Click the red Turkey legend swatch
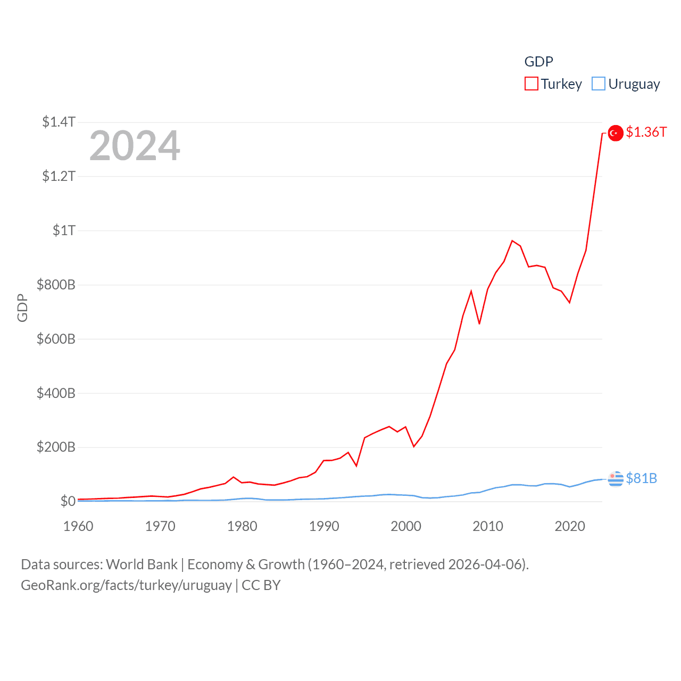click(x=531, y=84)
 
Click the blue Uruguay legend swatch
click(x=599, y=84)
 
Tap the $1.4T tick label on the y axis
click(x=59, y=122)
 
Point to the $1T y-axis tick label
click(x=64, y=230)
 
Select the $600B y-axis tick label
click(x=56, y=339)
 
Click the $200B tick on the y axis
click(x=56, y=447)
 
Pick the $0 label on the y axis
click(x=68, y=501)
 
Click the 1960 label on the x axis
click(x=78, y=526)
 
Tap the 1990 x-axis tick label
click(x=324, y=526)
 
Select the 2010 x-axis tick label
click(x=488, y=526)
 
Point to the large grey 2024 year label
click(x=135, y=146)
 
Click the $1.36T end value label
click(x=646, y=132)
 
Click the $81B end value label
click(x=641, y=478)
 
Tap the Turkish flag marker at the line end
click(x=616, y=133)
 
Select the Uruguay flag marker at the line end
click(x=616, y=479)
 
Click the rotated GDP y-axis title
click(x=22, y=308)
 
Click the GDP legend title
click(x=538, y=62)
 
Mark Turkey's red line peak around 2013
click(x=512, y=241)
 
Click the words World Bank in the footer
click(x=142, y=564)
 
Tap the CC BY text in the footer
click(x=261, y=585)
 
